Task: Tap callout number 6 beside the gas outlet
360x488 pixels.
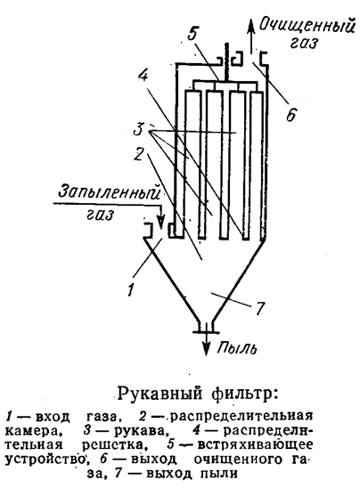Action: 290,116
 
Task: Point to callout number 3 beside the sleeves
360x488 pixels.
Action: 138,129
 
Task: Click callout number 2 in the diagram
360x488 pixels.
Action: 138,154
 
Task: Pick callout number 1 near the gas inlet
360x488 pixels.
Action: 131,289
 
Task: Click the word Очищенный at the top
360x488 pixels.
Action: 307,25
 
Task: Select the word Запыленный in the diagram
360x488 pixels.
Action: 109,192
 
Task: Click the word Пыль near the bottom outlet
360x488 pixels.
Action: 237,348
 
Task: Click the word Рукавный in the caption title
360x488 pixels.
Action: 159,394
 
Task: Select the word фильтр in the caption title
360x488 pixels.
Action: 244,394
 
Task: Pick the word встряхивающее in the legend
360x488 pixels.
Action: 255,444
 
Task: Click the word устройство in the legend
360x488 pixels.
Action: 45,459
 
